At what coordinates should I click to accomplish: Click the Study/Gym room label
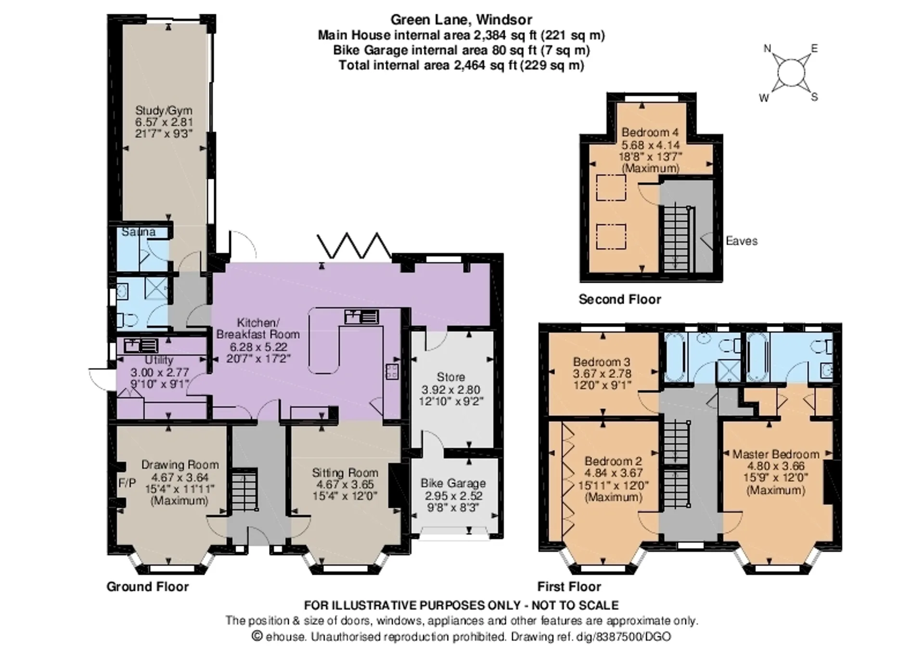(x=164, y=111)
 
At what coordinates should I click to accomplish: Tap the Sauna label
(x=139, y=232)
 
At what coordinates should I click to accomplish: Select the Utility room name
(x=159, y=360)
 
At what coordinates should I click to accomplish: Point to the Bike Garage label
(x=453, y=483)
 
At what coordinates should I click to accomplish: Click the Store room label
(x=451, y=377)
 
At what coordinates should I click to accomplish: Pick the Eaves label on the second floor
(x=742, y=241)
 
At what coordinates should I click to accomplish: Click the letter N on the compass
(x=768, y=49)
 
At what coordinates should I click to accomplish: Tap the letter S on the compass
(x=814, y=98)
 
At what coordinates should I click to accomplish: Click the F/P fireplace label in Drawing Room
(x=127, y=483)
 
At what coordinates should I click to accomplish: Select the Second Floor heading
(x=620, y=300)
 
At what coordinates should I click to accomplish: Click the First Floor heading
(x=569, y=587)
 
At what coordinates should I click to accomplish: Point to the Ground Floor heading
(x=148, y=587)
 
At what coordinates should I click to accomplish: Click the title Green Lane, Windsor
(x=461, y=20)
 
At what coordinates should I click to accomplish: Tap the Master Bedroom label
(x=776, y=454)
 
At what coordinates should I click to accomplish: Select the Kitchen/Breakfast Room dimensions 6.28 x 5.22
(x=258, y=346)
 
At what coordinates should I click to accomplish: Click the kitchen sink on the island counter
(x=361, y=317)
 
